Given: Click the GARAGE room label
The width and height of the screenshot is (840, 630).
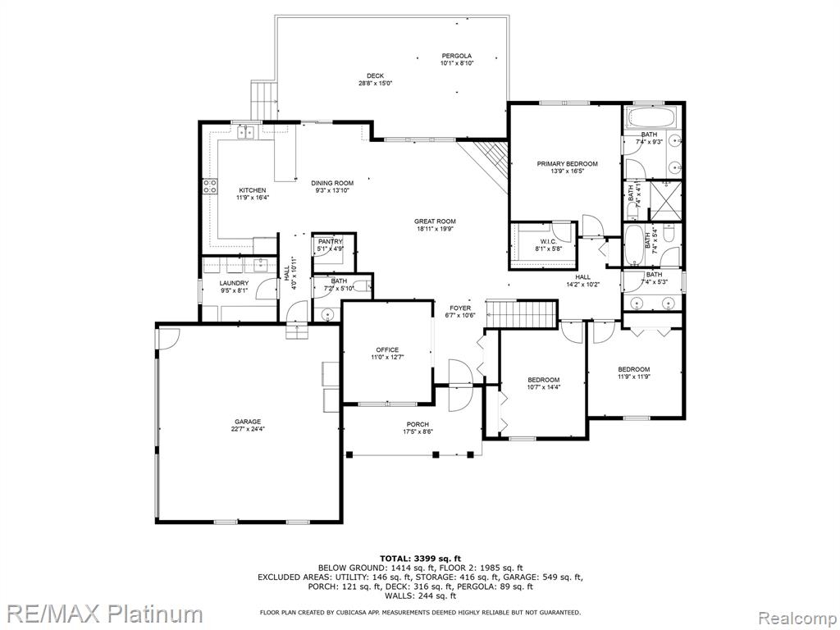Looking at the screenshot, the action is [x=248, y=422].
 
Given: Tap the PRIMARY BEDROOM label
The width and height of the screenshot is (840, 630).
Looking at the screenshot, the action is [x=568, y=164].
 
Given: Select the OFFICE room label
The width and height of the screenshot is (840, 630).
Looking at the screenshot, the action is [x=387, y=349].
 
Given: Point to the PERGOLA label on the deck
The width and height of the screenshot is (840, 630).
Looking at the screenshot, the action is [x=456, y=56].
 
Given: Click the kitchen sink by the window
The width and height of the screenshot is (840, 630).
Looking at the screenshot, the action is [x=246, y=131].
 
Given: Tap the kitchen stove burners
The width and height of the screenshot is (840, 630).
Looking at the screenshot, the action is [x=209, y=186].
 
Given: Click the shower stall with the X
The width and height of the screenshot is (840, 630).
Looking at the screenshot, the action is [x=665, y=201].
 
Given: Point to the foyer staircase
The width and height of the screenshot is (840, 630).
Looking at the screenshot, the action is [x=522, y=314].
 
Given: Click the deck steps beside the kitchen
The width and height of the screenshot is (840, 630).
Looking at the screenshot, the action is [x=265, y=101].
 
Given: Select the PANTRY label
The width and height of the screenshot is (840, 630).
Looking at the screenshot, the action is [x=330, y=242].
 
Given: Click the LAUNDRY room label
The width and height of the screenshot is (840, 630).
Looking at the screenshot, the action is [x=234, y=283].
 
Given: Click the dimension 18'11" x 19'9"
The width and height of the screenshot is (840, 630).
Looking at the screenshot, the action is [x=435, y=229].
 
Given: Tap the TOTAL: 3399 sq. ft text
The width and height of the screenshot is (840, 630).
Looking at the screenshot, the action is [x=420, y=558].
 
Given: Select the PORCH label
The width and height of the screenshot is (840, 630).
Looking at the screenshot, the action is [x=418, y=424].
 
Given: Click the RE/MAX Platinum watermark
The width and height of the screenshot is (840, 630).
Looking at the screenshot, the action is [x=102, y=614].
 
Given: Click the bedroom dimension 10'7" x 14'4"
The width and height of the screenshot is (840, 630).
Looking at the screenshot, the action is [x=543, y=387].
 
